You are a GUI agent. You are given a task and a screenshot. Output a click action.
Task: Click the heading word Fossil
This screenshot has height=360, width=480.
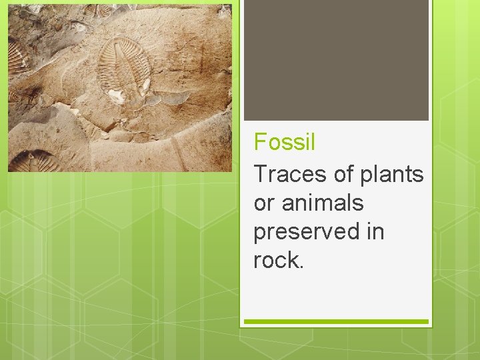tap(285, 142)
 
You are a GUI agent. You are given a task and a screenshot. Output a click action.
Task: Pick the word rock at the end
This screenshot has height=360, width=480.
tap(276, 261)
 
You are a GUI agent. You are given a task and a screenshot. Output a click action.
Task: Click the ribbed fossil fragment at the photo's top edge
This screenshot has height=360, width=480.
tap(107, 9)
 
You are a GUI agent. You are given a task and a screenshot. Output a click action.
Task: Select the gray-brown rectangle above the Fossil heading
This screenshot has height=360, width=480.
tap(336, 60)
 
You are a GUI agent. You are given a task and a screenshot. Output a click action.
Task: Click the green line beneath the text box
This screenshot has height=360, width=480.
tap(336, 322)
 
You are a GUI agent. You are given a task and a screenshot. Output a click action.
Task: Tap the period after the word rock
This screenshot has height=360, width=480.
tap(301, 266)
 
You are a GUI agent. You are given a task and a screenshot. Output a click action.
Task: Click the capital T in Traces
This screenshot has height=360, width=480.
tap(261, 174)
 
